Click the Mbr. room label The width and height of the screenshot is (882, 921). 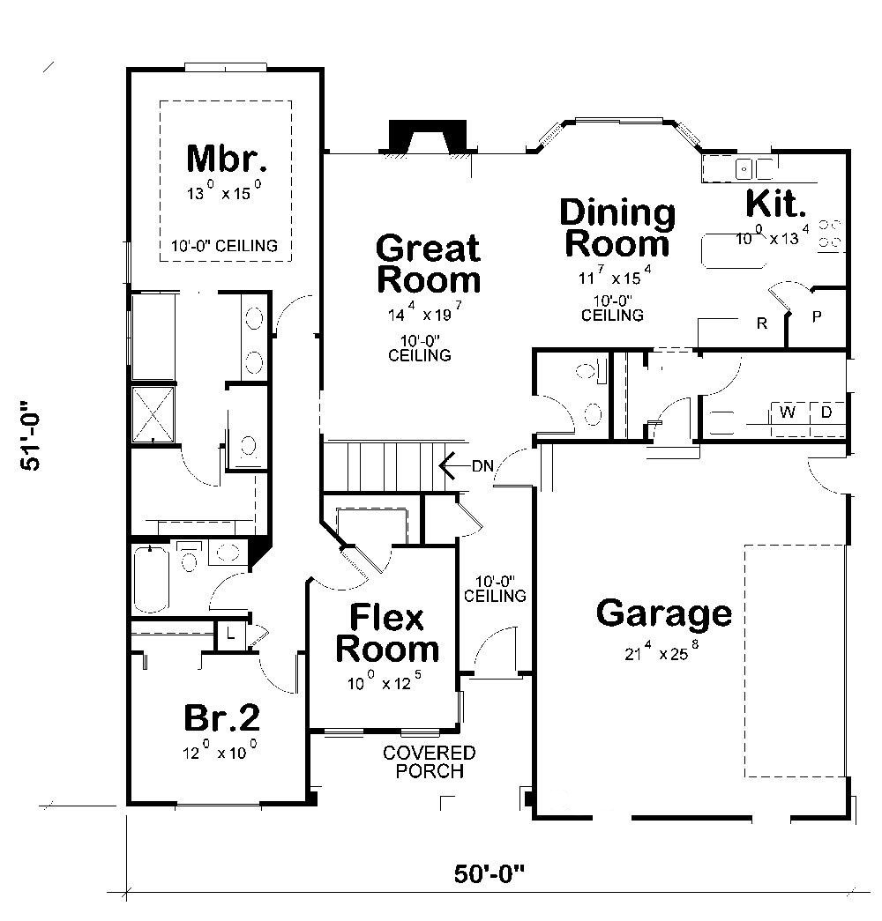pyautogui.click(x=227, y=159)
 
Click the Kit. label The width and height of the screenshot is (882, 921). pyautogui.click(x=775, y=204)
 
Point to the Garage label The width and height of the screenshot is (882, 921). pyautogui.click(x=663, y=613)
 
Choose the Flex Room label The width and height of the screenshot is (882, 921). pyautogui.click(x=386, y=633)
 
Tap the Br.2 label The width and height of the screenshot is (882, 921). pyautogui.click(x=221, y=718)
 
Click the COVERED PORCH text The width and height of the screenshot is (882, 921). pyautogui.click(x=429, y=761)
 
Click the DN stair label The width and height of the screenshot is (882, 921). pyautogui.click(x=482, y=465)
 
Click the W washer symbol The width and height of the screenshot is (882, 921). pyautogui.click(x=788, y=412)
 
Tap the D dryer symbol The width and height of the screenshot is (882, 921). pyautogui.click(x=826, y=412)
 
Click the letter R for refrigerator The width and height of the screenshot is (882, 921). pyautogui.click(x=762, y=323)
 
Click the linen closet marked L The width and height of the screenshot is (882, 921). pyautogui.click(x=229, y=633)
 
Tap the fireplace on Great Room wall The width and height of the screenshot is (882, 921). pyautogui.click(x=427, y=139)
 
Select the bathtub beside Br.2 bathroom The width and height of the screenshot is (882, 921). pyautogui.click(x=151, y=578)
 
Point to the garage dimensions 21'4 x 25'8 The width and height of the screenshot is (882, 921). pyautogui.click(x=663, y=653)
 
